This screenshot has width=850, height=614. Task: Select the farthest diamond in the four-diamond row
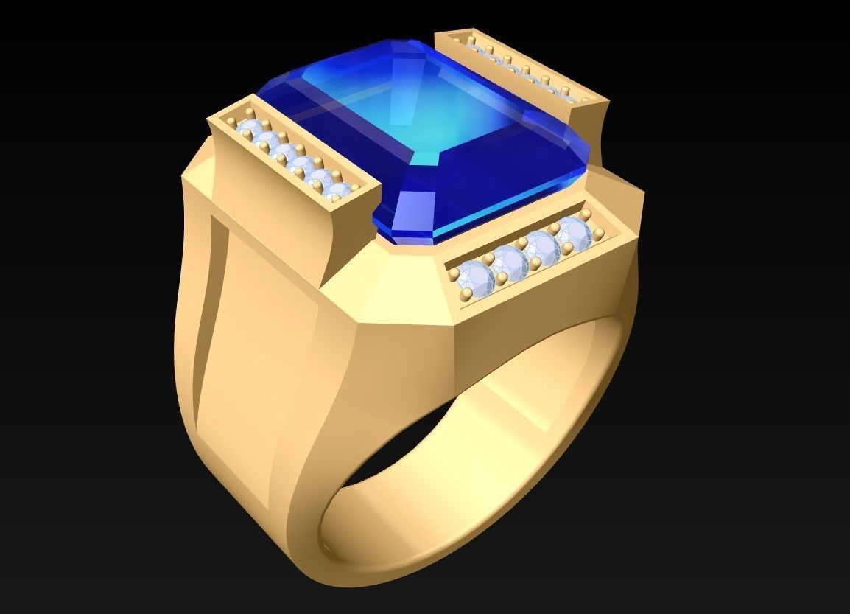pyautogui.click(x=574, y=231)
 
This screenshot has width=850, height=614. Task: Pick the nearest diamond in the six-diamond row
pyautogui.click(x=338, y=193)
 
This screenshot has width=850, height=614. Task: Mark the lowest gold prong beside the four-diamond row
pyautogui.click(x=466, y=296)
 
